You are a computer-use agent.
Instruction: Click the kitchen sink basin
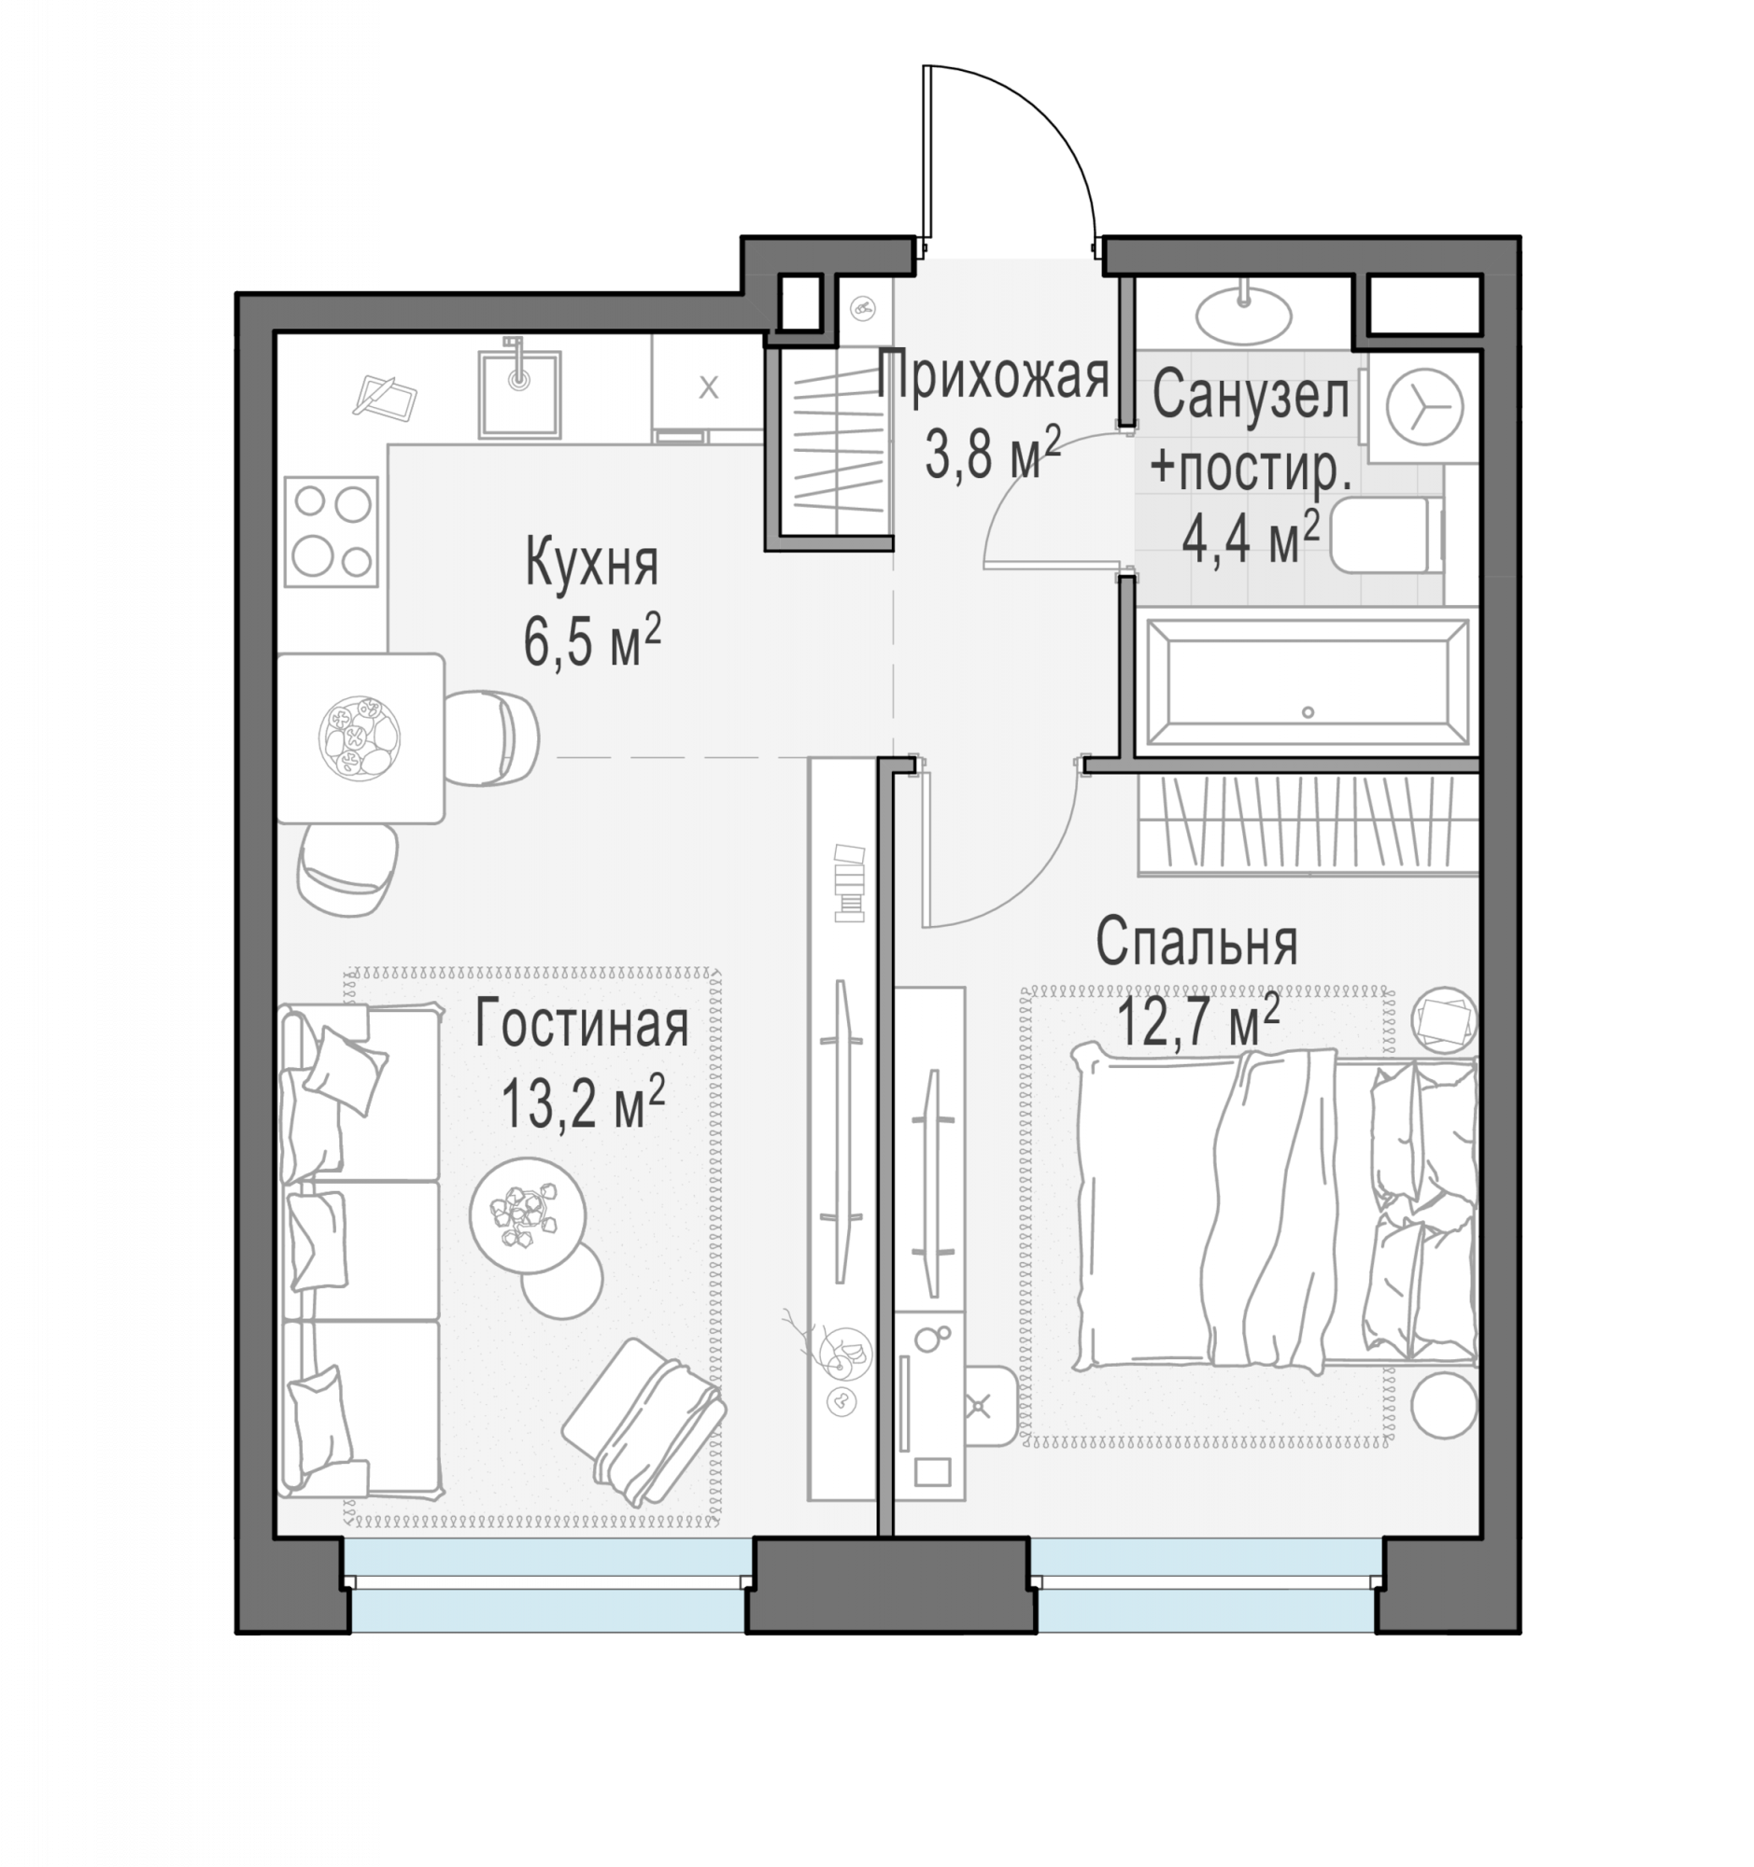[x=518, y=394]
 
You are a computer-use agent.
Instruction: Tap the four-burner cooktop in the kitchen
[x=331, y=531]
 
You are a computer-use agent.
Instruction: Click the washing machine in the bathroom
[x=1423, y=407]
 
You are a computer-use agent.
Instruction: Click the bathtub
[x=1307, y=683]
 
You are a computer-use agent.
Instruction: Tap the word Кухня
[x=591, y=564]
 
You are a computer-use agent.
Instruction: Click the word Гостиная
[x=582, y=1025]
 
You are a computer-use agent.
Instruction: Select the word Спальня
[x=1196, y=942]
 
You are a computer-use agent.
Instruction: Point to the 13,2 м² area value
[x=583, y=1102]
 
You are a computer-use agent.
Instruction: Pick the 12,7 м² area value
[x=1198, y=1021]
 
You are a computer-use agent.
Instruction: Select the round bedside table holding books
[x=1444, y=1021]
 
